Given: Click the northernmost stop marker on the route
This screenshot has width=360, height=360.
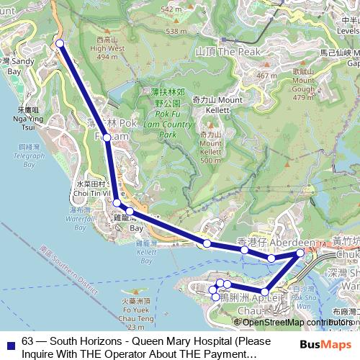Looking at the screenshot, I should point(60,44).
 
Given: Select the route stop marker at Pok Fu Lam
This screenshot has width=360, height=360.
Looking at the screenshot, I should point(107,137).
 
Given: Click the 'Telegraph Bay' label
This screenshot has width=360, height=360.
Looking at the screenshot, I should point(28,155).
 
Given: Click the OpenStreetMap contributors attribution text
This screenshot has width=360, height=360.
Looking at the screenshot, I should point(297,322).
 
